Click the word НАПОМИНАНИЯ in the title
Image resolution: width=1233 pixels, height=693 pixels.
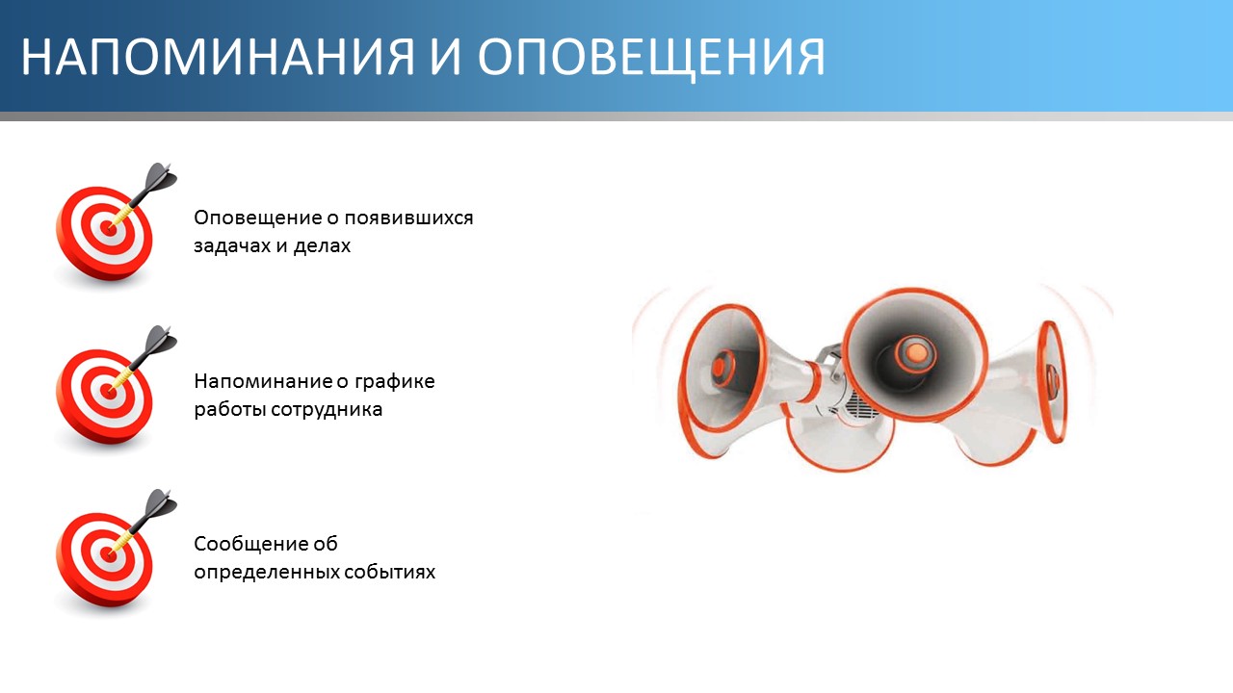click(218, 57)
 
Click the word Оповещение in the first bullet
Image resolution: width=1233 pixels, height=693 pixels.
click(257, 218)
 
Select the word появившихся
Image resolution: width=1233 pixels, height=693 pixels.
click(409, 218)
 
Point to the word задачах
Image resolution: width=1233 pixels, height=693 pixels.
click(232, 245)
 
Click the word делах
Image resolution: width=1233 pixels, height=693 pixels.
click(322, 245)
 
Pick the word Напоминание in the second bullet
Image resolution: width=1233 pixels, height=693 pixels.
click(263, 381)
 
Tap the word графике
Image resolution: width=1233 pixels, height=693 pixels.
click(394, 382)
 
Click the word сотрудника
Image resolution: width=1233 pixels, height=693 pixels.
click(327, 410)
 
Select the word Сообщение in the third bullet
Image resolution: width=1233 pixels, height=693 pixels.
click(250, 544)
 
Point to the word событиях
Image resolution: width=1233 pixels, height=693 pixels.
click(390, 573)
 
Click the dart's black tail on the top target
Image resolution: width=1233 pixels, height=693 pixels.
click(160, 177)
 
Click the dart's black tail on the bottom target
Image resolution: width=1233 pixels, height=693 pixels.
click(160, 503)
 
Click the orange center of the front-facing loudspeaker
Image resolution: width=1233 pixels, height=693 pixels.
click(915, 352)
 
